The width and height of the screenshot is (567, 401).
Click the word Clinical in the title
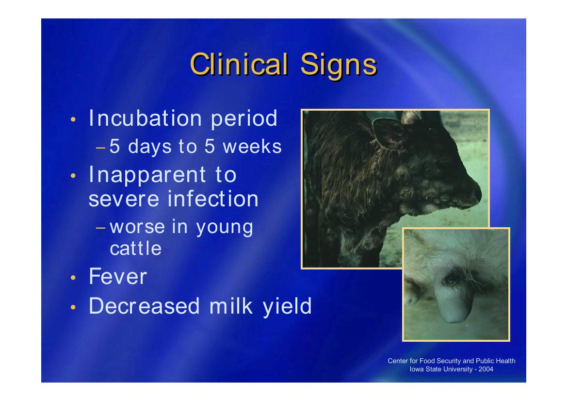[x=239, y=64]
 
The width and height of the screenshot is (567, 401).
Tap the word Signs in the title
[x=339, y=66]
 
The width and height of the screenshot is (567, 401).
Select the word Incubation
[x=145, y=118]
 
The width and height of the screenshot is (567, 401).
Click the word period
[x=244, y=119]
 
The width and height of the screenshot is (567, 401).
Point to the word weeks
[x=252, y=146]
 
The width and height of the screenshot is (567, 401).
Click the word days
[x=150, y=147]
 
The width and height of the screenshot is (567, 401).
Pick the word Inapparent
[x=147, y=175]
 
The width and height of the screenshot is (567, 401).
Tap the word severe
[x=124, y=200]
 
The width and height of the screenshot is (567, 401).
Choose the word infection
[x=213, y=199]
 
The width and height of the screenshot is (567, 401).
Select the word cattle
[x=136, y=248]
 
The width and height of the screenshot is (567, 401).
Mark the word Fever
[x=118, y=277]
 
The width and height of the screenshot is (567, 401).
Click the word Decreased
[x=144, y=306]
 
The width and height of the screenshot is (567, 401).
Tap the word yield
[x=287, y=307]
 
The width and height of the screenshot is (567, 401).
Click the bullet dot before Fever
[x=73, y=278]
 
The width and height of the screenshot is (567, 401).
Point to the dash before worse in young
[x=101, y=228]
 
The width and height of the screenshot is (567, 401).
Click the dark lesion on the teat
[x=450, y=279]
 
